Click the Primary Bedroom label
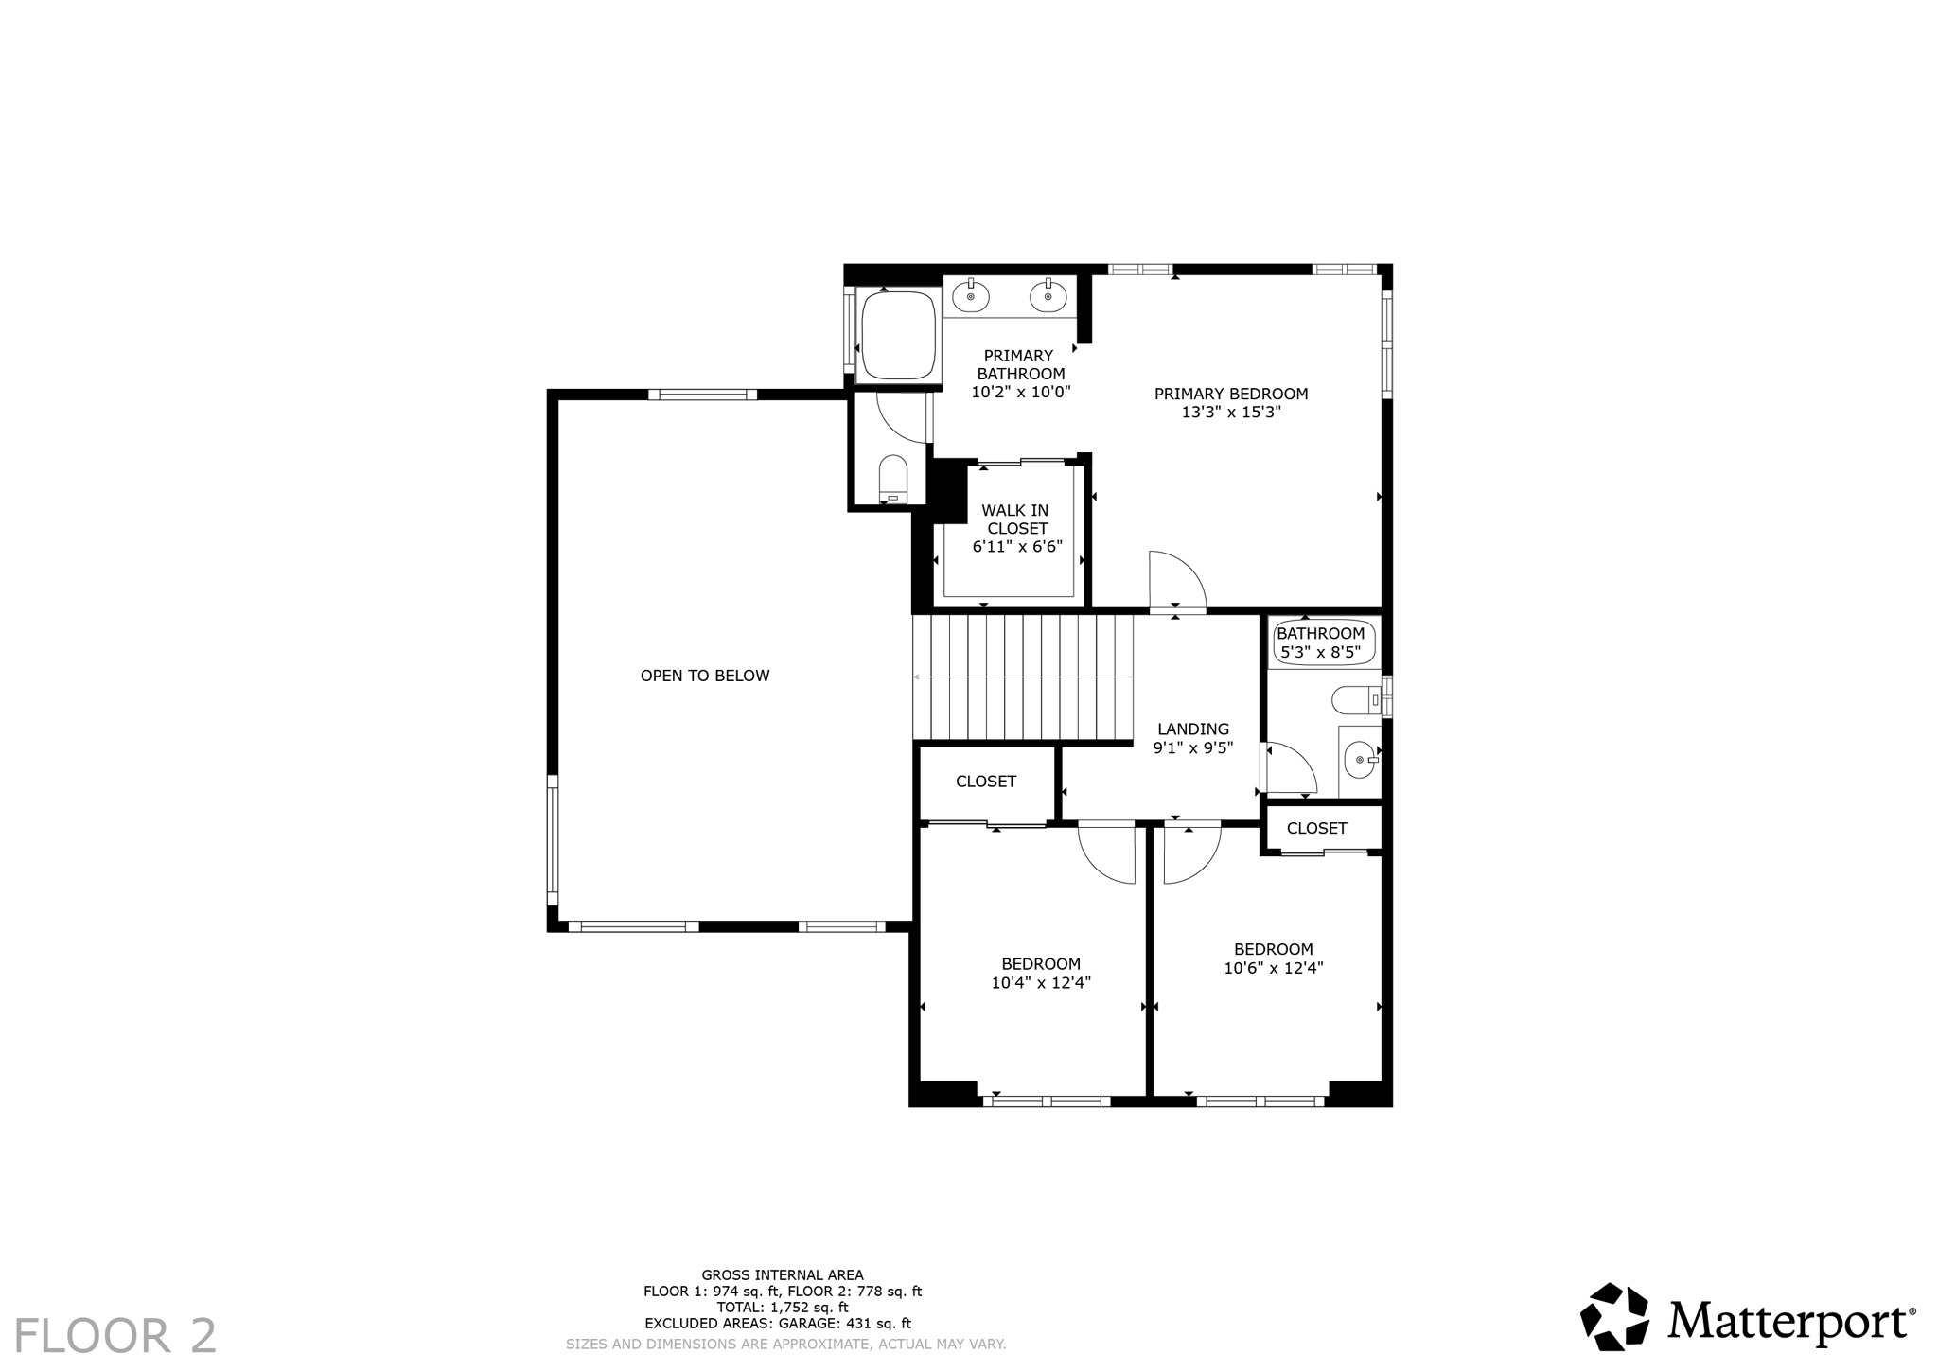click(1230, 394)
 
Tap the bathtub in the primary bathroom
click(898, 335)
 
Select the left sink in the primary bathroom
click(970, 296)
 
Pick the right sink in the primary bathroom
click(1048, 296)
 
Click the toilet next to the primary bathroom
click(892, 478)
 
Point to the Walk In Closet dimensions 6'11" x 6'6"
click(1017, 547)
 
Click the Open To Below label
click(705, 676)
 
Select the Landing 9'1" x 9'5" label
click(1192, 738)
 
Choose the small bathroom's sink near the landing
click(1360, 759)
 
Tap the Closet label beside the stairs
click(985, 782)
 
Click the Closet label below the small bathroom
click(1316, 829)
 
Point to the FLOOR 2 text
click(115, 1336)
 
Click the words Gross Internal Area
click(782, 1275)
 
